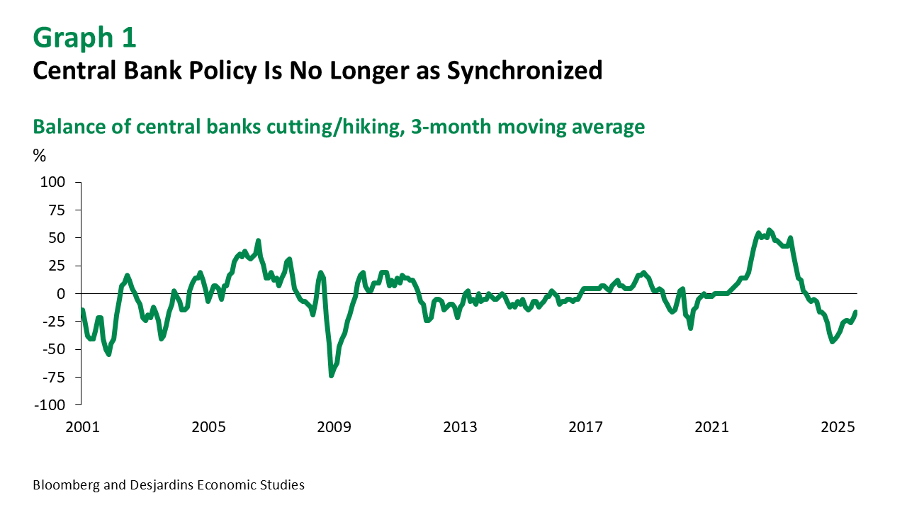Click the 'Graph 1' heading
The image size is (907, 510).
coord(84,38)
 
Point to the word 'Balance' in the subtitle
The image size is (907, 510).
coord(68,127)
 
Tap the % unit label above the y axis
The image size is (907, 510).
coord(39,156)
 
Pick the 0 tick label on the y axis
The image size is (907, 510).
coord(61,293)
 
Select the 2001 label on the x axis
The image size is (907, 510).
coord(82,428)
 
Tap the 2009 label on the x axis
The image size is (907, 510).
coord(334,428)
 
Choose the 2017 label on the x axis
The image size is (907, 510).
coord(586,428)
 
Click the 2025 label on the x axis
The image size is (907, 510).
coord(838,428)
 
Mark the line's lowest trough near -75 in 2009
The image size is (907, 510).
coord(331,375)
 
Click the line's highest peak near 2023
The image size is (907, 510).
coord(770,230)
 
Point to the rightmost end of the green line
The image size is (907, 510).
coord(856,312)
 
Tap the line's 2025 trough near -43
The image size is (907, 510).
coord(833,341)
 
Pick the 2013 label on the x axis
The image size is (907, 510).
coord(460,428)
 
